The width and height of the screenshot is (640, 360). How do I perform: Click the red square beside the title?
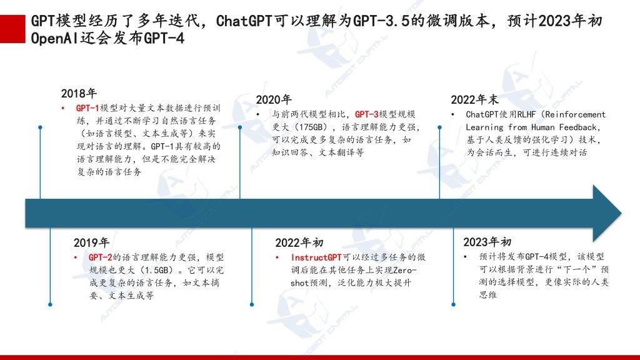(12, 29)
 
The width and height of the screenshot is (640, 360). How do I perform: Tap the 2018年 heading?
(79, 94)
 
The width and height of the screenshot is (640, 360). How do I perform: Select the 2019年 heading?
(91, 243)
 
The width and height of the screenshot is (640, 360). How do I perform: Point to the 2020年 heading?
(274, 99)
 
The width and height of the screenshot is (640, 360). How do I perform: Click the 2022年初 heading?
(299, 243)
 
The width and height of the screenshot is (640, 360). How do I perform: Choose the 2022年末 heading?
(475, 99)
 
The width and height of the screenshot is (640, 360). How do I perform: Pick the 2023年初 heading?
(487, 242)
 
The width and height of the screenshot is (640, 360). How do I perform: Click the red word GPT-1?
(87, 108)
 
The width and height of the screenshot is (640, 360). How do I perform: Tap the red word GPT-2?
(100, 257)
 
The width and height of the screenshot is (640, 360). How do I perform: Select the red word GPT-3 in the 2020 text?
(366, 114)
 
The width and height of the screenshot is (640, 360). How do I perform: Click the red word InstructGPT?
(316, 257)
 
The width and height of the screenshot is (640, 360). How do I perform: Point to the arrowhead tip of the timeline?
(621, 213)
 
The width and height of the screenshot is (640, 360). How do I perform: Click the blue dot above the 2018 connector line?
(40, 127)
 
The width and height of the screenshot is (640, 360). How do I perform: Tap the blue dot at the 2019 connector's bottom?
(50, 304)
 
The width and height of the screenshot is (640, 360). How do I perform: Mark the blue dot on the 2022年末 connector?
(439, 127)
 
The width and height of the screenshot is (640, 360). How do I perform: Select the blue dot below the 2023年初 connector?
(454, 304)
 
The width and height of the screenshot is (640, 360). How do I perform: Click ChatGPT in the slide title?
(244, 21)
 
